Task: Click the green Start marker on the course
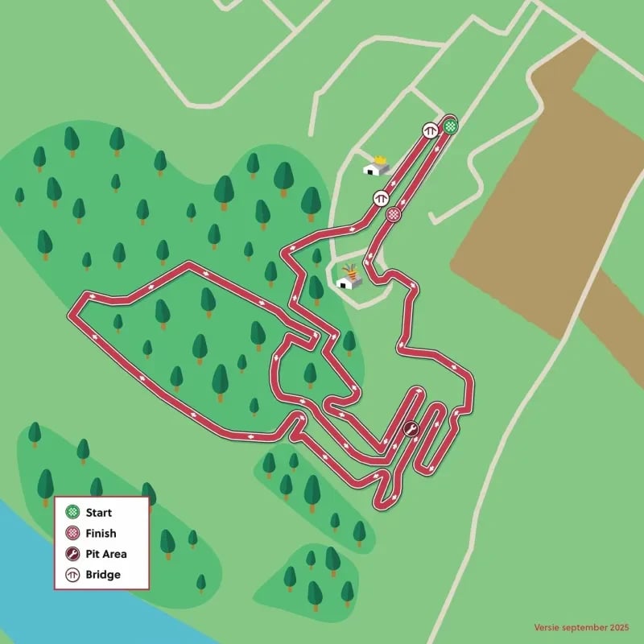tap(451, 126)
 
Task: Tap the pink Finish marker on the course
tap(393, 214)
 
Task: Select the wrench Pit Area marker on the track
tap(410, 429)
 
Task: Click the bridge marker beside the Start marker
tap(431, 129)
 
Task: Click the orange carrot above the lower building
tap(350, 269)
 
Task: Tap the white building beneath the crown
tap(374, 169)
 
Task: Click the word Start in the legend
tap(99, 512)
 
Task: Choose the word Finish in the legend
tap(101, 533)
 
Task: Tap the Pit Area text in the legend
tap(106, 554)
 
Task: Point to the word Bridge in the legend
tap(103, 575)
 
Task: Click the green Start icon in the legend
tap(72, 512)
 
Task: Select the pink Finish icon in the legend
tap(72, 533)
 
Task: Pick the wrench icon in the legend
tap(72, 554)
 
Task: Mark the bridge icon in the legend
tap(72, 575)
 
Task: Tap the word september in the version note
tap(584, 626)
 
